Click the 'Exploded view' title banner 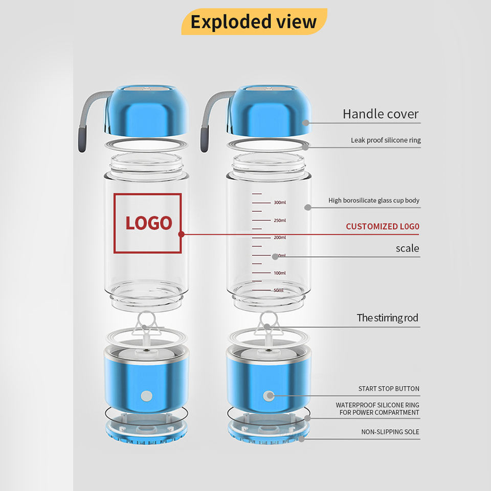[254, 22]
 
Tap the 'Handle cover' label [381, 114]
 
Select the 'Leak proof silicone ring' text [386, 140]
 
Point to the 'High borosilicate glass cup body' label [373, 200]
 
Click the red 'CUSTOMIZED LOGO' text [382, 226]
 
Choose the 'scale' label [407, 249]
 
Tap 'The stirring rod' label [387, 318]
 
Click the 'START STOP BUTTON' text [389, 389]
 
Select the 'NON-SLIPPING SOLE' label [390, 432]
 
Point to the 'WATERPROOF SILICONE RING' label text [377, 405]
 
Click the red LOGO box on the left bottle [147, 223]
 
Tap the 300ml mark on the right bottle [279, 203]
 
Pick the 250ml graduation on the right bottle [279, 220]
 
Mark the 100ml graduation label [279, 273]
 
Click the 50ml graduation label [278, 291]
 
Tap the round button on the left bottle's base [147, 395]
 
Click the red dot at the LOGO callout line [181, 235]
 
